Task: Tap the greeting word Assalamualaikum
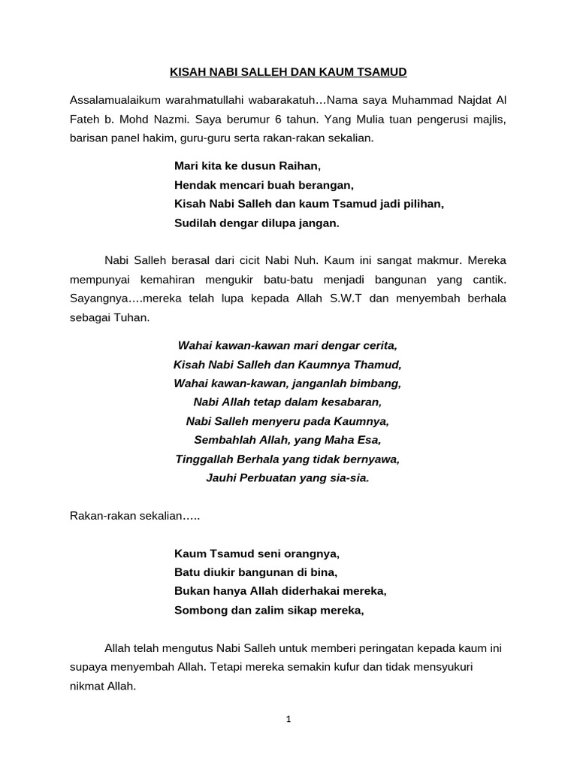[x=113, y=100]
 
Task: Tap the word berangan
[x=328, y=184]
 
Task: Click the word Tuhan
[x=132, y=317]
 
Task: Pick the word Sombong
[x=197, y=610]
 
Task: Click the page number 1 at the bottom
[x=288, y=719]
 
